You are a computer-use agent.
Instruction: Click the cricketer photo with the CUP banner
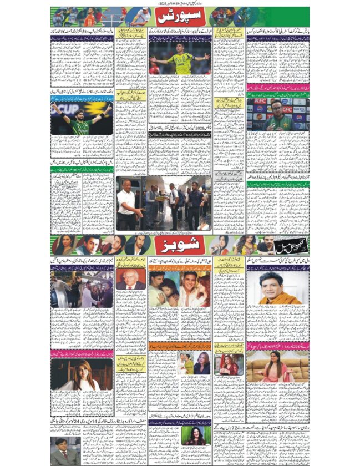point(82,118)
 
